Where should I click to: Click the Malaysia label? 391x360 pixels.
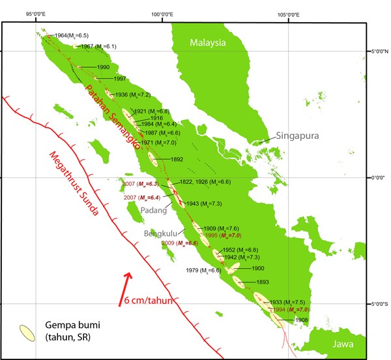207,42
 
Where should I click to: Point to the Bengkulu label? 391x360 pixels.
159,233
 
